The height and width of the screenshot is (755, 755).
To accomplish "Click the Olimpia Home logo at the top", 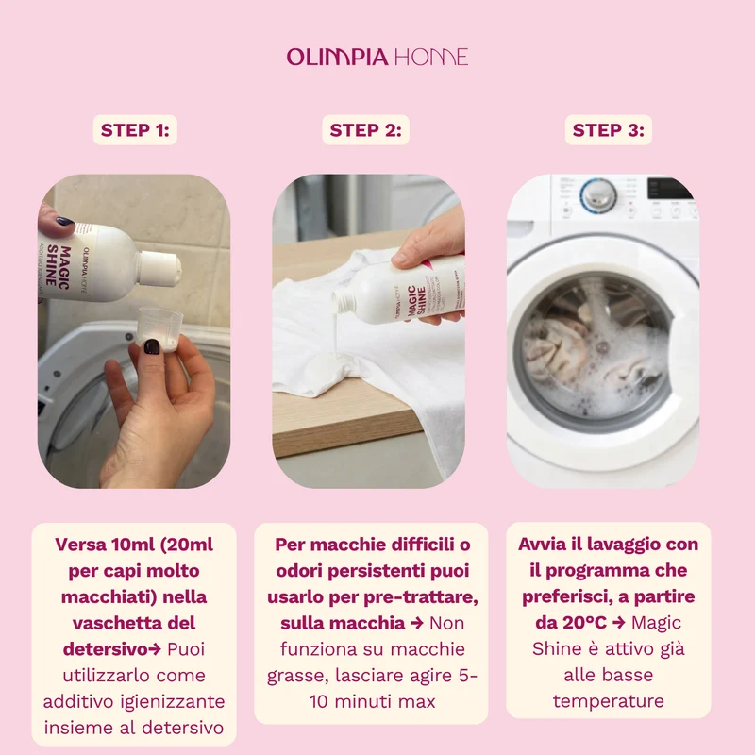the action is (377, 57).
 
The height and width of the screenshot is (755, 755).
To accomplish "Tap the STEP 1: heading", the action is (135, 130).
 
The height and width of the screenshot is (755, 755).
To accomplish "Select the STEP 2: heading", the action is (365, 130).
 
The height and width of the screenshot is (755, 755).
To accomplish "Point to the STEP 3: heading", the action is (608, 130).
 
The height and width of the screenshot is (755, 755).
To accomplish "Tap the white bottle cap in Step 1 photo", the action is (159, 269).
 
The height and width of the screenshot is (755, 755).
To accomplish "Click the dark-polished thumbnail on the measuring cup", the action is (152, 346).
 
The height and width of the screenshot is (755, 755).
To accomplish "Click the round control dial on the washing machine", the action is (598, 195).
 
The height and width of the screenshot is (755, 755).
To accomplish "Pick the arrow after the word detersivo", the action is (155, 649).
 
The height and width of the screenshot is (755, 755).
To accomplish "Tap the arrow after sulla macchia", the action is (417, 623).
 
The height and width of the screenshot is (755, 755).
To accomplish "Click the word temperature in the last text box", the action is (608, 701).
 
